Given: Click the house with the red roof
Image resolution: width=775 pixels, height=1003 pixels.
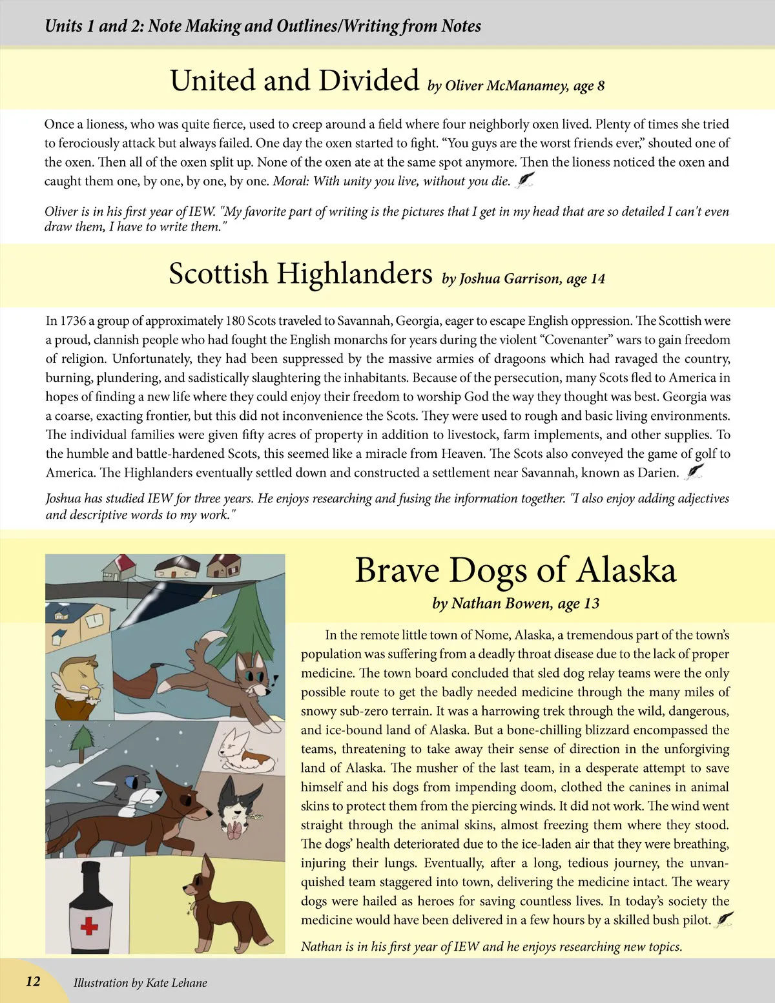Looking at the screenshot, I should coord(118,566).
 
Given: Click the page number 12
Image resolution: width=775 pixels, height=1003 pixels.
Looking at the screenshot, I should coord(33,982).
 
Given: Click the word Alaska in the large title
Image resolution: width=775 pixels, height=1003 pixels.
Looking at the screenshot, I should coord(626,571).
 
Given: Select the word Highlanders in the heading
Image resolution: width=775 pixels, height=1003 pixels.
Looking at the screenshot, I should coord(355,274).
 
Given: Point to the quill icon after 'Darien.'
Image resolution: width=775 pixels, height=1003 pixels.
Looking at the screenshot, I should coord(694,471).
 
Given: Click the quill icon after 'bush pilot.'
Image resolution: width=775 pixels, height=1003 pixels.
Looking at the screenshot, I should coord(725,918).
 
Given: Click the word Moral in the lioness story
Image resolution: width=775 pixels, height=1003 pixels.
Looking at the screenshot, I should coord(289,181).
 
